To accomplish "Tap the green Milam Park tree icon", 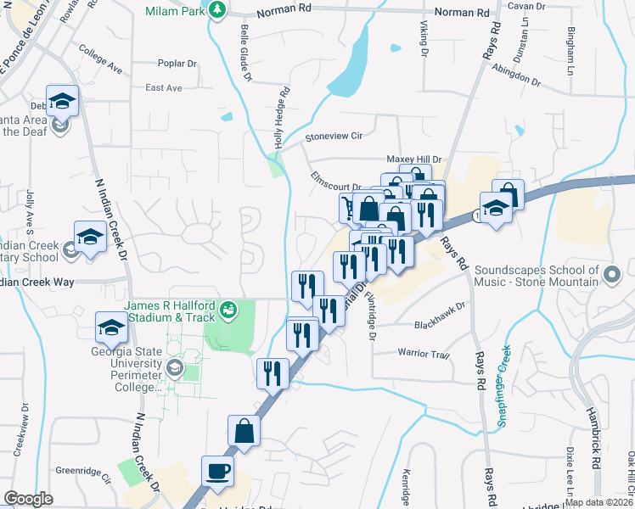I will (218, 9).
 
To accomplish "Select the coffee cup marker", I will (217, 471).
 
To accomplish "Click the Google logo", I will (28, 499).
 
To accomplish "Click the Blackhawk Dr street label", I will (441, 325).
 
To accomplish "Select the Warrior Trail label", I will (423, 353).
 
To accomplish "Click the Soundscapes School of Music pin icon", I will (612, 273).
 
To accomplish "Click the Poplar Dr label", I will (177, 64).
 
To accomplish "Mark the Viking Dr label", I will (424, 36).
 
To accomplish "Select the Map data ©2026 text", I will (598, 501).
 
